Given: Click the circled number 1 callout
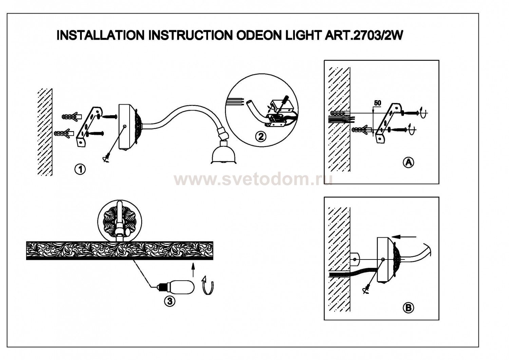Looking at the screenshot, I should pyautogui.click(x=80, y=169).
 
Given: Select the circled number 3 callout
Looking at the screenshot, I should pyautogui.click(x=170, y=300).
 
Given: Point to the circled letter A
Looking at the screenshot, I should pyautogui.click(x=408, y=162).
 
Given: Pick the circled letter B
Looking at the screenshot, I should pyautogui.click(x=408, y=308).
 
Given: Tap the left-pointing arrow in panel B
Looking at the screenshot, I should pyautogui.click(x=404, y=236).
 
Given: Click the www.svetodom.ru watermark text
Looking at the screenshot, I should pyautogui.click(x=253, y=179).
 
